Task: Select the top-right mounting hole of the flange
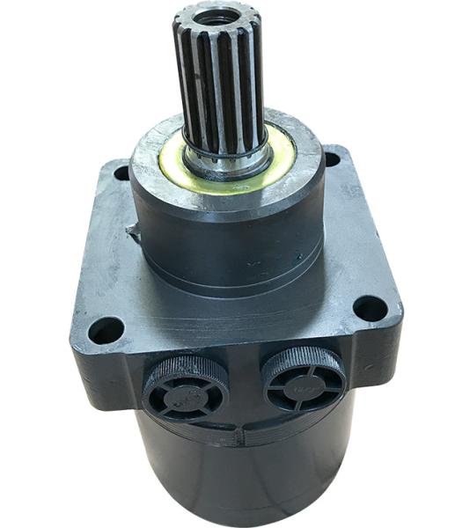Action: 332,159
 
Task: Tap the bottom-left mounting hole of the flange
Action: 106,330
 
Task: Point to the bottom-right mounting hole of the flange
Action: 370,308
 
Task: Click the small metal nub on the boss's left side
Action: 134,232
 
